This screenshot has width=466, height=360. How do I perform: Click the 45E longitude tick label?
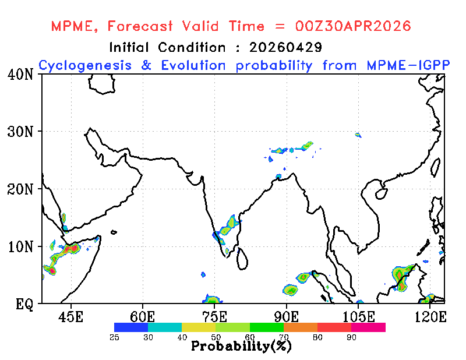coord(70,317)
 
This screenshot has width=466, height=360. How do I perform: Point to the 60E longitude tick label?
coord(143,317)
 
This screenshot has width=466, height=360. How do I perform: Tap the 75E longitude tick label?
coord(214,317)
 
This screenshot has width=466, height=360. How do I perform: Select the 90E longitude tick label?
coord(287,317)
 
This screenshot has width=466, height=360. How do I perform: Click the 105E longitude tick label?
coord(358,317)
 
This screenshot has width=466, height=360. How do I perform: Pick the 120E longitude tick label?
coord(430,317)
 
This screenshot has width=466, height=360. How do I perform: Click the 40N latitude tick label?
coord(20,75)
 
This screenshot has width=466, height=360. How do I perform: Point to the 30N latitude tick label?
coord(20,132)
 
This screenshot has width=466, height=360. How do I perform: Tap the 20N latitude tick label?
coord(20,189)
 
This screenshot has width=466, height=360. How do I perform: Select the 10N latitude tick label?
coord(20,246)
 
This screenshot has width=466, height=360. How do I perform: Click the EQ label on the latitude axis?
coord(24,304)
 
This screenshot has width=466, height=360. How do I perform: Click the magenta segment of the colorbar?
coord(368,327)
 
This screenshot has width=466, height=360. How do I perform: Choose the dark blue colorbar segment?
coord(131,327)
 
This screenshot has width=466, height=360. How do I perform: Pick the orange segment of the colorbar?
coord(301,327)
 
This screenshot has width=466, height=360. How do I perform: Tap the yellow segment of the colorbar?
coord(199,327)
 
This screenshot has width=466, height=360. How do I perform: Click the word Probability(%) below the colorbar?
coord(241,347)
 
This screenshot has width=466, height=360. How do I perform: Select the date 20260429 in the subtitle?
coord(285,47)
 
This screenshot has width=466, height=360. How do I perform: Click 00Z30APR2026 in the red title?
coord(353,26)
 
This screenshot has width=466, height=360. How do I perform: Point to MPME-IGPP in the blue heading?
coord(408,65)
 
